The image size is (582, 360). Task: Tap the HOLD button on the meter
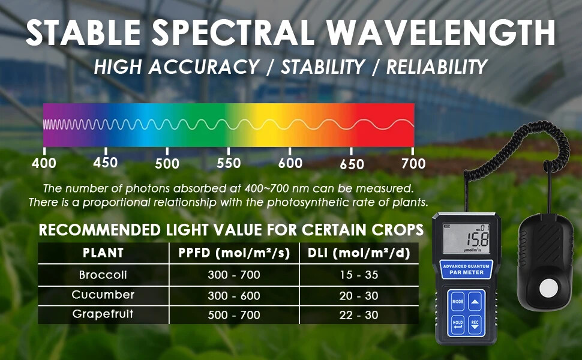(x=458, y=323)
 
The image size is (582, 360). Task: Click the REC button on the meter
(x=475, y=323)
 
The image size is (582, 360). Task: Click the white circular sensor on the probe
(x=548, y=288)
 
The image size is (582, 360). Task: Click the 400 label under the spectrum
(x=44, y=163)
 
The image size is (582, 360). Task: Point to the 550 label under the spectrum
(x=229, y=163)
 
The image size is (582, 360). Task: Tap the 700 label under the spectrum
(x=413, y=163)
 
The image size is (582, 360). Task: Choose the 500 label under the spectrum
(x=167, y=163)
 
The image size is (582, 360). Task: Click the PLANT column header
(x=103, y=253)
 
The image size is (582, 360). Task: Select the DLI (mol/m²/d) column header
(x=358, y=253)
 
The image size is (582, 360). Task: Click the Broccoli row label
(x=103, y=275)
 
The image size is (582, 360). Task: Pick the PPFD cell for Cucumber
(x=234, y=296)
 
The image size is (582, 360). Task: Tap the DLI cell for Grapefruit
(x=358, y=315)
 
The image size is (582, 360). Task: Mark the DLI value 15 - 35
(x=358, y=276)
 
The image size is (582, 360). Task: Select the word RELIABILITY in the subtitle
(x=436, y=67)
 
